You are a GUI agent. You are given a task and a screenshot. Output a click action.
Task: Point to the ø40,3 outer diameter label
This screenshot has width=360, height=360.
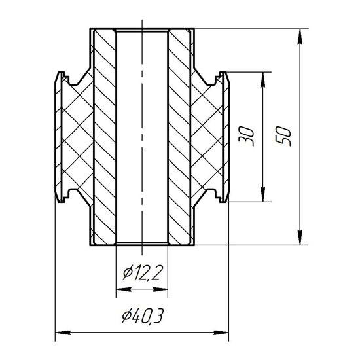point(142,317)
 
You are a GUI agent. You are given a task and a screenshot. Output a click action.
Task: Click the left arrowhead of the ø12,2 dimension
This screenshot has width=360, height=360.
point(120,289)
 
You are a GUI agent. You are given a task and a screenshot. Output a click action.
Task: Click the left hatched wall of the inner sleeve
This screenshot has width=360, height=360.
point(104,137)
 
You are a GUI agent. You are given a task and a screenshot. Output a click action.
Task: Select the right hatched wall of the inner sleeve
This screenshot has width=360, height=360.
point(179,137)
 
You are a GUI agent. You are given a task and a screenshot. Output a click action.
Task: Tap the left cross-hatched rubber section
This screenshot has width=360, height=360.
point(75,137)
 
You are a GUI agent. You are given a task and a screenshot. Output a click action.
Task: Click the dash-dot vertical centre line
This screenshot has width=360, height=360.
point(141,164)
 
